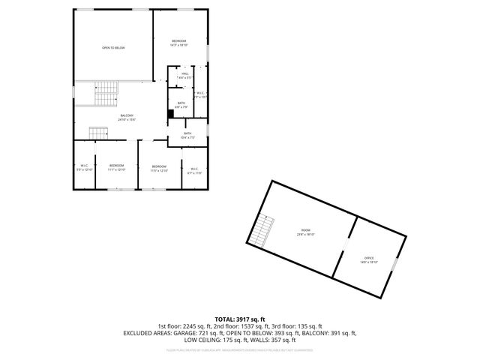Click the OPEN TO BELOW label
tap(113, 48)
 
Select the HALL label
tap(184, 74)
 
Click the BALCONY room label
tap(126, 117)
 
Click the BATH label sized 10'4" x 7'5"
tap(187, 135)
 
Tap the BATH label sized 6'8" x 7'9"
tap(181, 105)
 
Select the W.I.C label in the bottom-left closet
tap(85, 167)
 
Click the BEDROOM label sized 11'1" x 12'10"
tap(116, 167)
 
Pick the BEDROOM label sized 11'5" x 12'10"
tap(159, 168)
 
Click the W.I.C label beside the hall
tap(200, 94)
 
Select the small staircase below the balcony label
tap(99, 133)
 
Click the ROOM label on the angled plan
tap(305, 232)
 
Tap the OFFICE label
tap(369, 259)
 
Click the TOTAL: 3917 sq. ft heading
tap(239, 319)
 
